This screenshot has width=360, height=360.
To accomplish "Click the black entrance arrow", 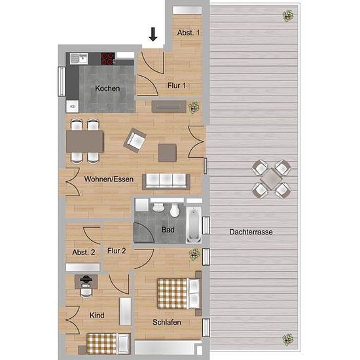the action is (153, 34).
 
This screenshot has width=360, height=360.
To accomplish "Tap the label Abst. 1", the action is (189, 33).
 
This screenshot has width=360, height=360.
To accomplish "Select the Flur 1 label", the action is (177, 86).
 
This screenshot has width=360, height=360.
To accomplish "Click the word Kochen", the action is (107, 88).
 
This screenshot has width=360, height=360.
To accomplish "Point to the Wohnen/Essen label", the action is (109, 179).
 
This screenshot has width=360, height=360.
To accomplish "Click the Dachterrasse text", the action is (251, 232).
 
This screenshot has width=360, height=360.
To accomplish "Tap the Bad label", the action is (168, 230).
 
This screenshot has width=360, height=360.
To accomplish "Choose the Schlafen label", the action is (167, 322).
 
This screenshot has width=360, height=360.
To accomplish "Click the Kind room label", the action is (97, 315).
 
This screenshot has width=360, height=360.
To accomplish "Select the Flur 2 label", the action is (117, 251).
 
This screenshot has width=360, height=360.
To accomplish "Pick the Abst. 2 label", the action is (84, 252).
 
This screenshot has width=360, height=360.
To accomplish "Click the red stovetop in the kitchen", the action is (107, 58).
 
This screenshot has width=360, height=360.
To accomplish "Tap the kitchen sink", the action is (79, 58).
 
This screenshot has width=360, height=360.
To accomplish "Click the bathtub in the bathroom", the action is (194, 225).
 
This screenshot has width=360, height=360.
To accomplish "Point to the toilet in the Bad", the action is (175, 210).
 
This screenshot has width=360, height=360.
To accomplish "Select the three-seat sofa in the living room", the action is (166, 181).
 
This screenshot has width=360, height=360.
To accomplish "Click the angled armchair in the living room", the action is (135, 140).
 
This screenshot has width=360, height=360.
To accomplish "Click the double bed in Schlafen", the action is (179, 293).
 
